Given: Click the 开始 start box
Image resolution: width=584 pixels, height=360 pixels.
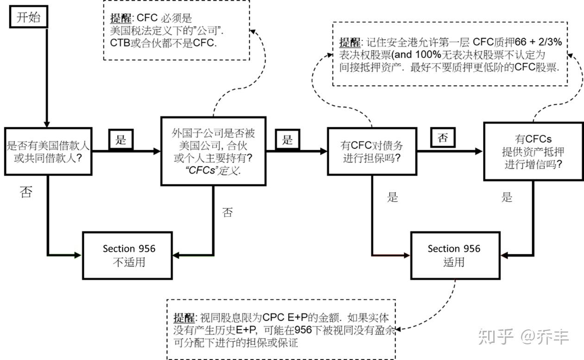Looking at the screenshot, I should click(x=28, y=18).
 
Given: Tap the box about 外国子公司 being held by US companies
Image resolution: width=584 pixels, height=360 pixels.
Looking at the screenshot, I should click(x=214, y=151).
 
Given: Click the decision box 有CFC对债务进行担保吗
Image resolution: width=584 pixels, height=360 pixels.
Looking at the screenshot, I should click(x=372, y=151).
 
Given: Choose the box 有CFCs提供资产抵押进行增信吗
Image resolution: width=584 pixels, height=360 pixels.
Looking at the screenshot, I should click(x=533, y=151).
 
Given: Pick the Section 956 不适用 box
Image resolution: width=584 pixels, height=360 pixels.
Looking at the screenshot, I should click(x=129, y=255).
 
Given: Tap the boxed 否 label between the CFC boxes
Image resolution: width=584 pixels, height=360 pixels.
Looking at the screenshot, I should click(x=443, y=138).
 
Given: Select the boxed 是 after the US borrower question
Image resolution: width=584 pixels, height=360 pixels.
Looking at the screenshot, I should click(x=121, y=140).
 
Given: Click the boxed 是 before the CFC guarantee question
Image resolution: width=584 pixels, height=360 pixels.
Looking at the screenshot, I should click(x=288, y=140).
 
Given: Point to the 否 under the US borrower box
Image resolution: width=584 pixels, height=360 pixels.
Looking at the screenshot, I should click(x=26, y=192).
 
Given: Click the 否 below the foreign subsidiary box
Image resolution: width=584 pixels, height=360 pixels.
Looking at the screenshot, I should click(x=227, y=213).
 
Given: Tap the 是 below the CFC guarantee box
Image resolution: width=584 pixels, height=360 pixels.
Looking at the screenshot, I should click(x=393, y=197).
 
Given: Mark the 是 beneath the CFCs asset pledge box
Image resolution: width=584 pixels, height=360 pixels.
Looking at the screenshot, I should click(x=507, y=197).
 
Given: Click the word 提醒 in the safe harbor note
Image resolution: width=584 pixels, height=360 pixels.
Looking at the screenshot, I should click(x=349, y=42).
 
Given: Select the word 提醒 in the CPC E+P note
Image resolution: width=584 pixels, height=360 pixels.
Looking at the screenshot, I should click(x=185, y=318).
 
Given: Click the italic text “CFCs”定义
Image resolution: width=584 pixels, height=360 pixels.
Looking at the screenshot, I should click(x=214, y=170).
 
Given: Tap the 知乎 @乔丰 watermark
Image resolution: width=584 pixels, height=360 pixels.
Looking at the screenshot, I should click(x=523, y=336).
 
